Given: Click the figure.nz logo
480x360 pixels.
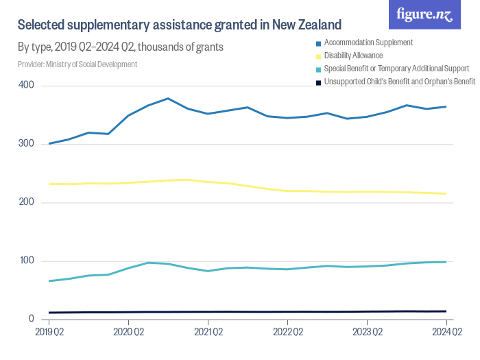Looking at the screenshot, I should click(424, 15).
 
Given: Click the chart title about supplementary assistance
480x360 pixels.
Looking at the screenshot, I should click(179, 25).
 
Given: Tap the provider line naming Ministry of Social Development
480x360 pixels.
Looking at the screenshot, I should click(77, 64).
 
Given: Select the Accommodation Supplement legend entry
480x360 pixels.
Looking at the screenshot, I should click(368, 43).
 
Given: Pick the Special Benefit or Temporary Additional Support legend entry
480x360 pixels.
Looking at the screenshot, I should click(396, 69).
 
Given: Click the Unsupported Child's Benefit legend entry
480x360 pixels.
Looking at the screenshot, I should click(399, 82).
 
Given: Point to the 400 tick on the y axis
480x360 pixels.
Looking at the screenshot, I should click(26, 86).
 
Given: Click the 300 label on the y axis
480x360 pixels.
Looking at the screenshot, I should click(26, 144).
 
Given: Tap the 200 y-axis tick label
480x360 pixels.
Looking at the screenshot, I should click(26, 203).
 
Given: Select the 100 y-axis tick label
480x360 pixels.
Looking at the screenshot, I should click(26, 261).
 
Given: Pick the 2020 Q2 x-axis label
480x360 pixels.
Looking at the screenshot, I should click(128, 332).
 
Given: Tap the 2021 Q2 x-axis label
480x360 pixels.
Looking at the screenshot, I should click(208, 332).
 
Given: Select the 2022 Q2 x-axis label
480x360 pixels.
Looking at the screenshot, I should click(287, 332).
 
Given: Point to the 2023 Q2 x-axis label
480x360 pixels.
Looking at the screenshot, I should click(367, 332).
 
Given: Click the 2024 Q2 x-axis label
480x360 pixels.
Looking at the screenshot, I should click(446, 332).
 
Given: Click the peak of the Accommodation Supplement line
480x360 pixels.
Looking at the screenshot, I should click(168, 99).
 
